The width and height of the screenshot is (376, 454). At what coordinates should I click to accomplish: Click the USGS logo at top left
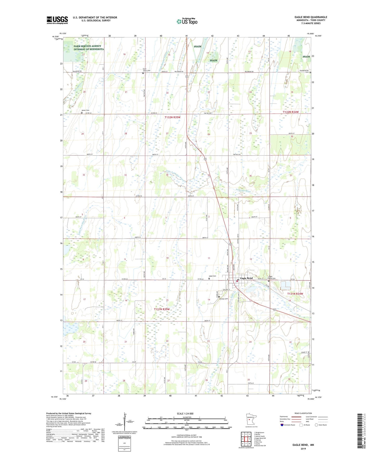coord(57,20)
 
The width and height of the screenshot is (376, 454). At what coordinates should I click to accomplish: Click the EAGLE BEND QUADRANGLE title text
coord(311,17)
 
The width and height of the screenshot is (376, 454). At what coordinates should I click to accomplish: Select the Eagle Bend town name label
coord(246,278)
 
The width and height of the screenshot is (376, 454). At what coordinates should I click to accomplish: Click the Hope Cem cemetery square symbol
coord(209,278)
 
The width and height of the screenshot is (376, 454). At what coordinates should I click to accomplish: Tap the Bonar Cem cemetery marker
coord(82,113)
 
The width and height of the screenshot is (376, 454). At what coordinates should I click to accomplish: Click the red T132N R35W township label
coord(172,117)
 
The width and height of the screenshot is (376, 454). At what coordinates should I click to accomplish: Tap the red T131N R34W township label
coord(295,294)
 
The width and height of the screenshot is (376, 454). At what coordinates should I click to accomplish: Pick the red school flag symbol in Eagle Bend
coord(237,281)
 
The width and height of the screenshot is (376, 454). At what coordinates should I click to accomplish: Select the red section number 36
coord(250,176)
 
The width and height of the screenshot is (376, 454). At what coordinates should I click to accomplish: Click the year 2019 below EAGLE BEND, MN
coord(303,449)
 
